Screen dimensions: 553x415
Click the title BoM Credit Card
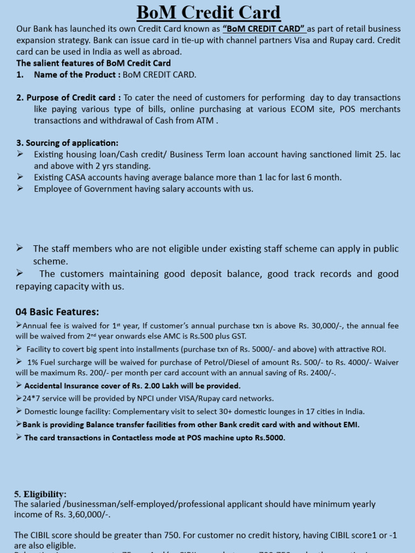(x=208, y=12)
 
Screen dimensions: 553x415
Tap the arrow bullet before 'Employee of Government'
(x=20, y=188)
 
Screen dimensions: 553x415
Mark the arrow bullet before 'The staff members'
(x=20, y=248)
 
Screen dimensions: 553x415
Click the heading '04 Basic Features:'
(x=57, y=312)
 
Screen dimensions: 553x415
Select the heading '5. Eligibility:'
(x=40, y=494)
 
